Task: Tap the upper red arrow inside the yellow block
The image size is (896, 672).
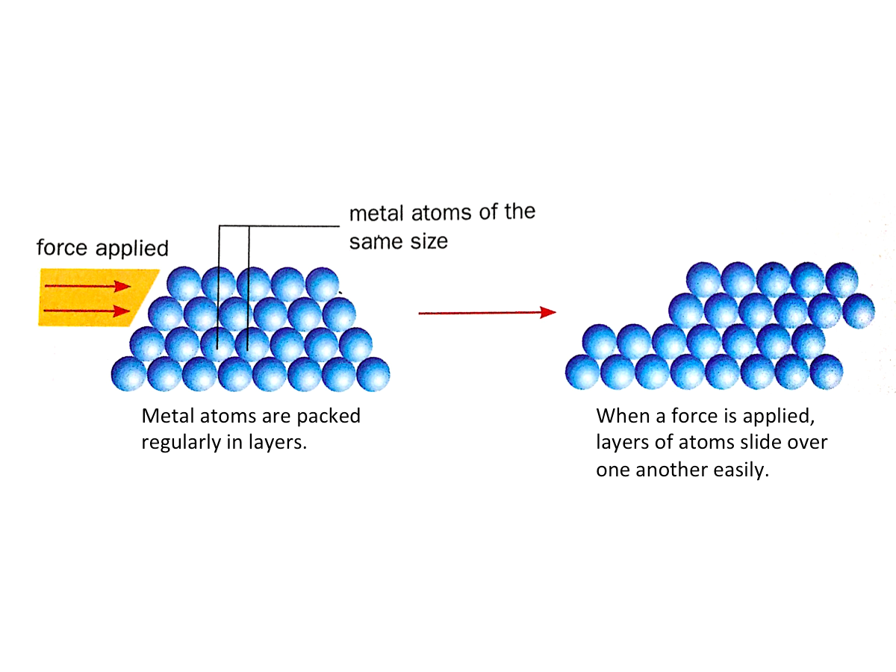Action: (x=87, y=285)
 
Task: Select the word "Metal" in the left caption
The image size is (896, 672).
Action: (x=166, y=417)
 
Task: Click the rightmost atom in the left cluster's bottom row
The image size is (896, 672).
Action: (x=373, y=374)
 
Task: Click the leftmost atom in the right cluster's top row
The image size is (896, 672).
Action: (x=703, y=280)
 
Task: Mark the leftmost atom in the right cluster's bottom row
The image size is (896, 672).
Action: (x=583, y=371)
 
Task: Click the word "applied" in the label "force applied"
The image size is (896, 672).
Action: (x=135, y=249)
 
